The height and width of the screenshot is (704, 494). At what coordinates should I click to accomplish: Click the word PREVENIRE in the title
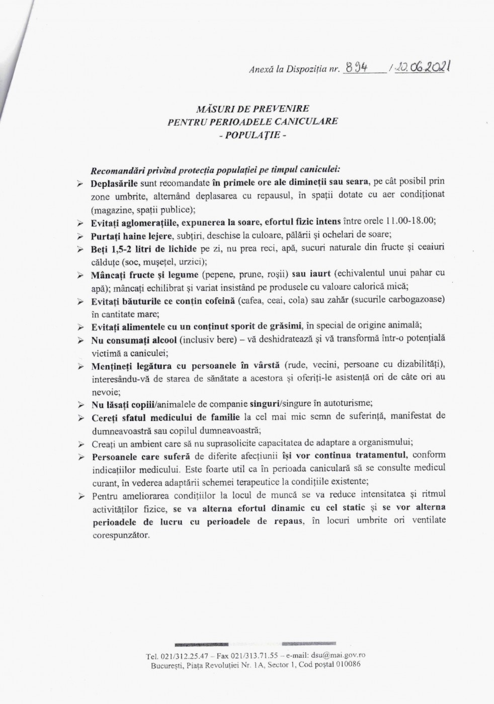point(284,108)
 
